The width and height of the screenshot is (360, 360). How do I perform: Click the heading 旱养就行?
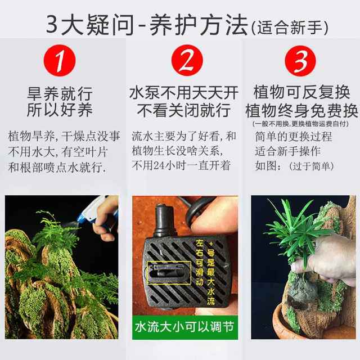tap(60, 93)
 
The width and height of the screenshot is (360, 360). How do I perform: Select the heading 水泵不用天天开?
tap(184, 93)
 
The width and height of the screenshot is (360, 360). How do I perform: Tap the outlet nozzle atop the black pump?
tap(164, 217)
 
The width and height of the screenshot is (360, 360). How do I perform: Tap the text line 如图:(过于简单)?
tap(294, 166)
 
